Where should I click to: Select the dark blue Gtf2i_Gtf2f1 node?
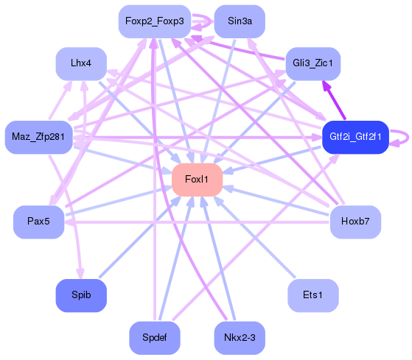coord(355,137)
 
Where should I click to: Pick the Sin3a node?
coord(240,21)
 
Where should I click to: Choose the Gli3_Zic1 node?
coord(313,63)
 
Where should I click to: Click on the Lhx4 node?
coord(81,63)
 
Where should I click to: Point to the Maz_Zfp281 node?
coord(38,137)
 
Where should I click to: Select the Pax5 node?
coord(38,222)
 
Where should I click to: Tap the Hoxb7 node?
coord(355,222)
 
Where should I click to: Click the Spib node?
coord(81,295)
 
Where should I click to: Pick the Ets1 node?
coord(313,295)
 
